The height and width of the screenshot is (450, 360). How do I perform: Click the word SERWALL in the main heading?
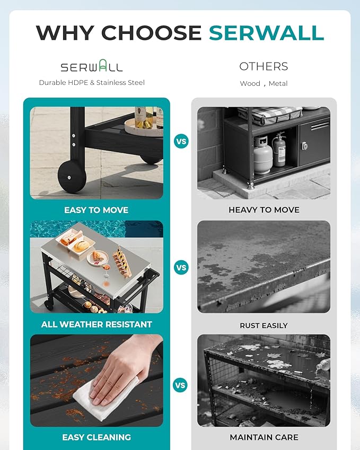point(266,33)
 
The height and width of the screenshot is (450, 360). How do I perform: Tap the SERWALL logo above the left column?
point(91,67)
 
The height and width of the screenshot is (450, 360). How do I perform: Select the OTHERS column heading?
point(264,66)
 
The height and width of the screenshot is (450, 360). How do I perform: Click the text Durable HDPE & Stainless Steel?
point(92,83)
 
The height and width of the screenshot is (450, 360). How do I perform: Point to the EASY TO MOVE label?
point(96,210)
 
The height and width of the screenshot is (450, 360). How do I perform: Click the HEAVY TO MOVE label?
point(264,210)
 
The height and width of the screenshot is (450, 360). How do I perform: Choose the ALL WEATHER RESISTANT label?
point(96,324)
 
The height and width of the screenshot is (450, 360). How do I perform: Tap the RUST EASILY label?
point(264,325)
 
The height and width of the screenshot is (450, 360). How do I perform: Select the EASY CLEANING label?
point(96,437)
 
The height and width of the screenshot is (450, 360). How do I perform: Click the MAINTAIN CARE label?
point(264,437)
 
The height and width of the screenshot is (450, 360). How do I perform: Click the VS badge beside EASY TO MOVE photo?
point(181,142)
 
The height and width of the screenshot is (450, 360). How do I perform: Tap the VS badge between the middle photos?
point(181,268)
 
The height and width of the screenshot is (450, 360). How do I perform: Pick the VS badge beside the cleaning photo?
point(181,385)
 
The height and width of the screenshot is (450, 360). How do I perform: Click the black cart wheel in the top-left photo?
point(72,175)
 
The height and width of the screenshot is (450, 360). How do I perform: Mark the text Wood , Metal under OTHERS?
point(264,83)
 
